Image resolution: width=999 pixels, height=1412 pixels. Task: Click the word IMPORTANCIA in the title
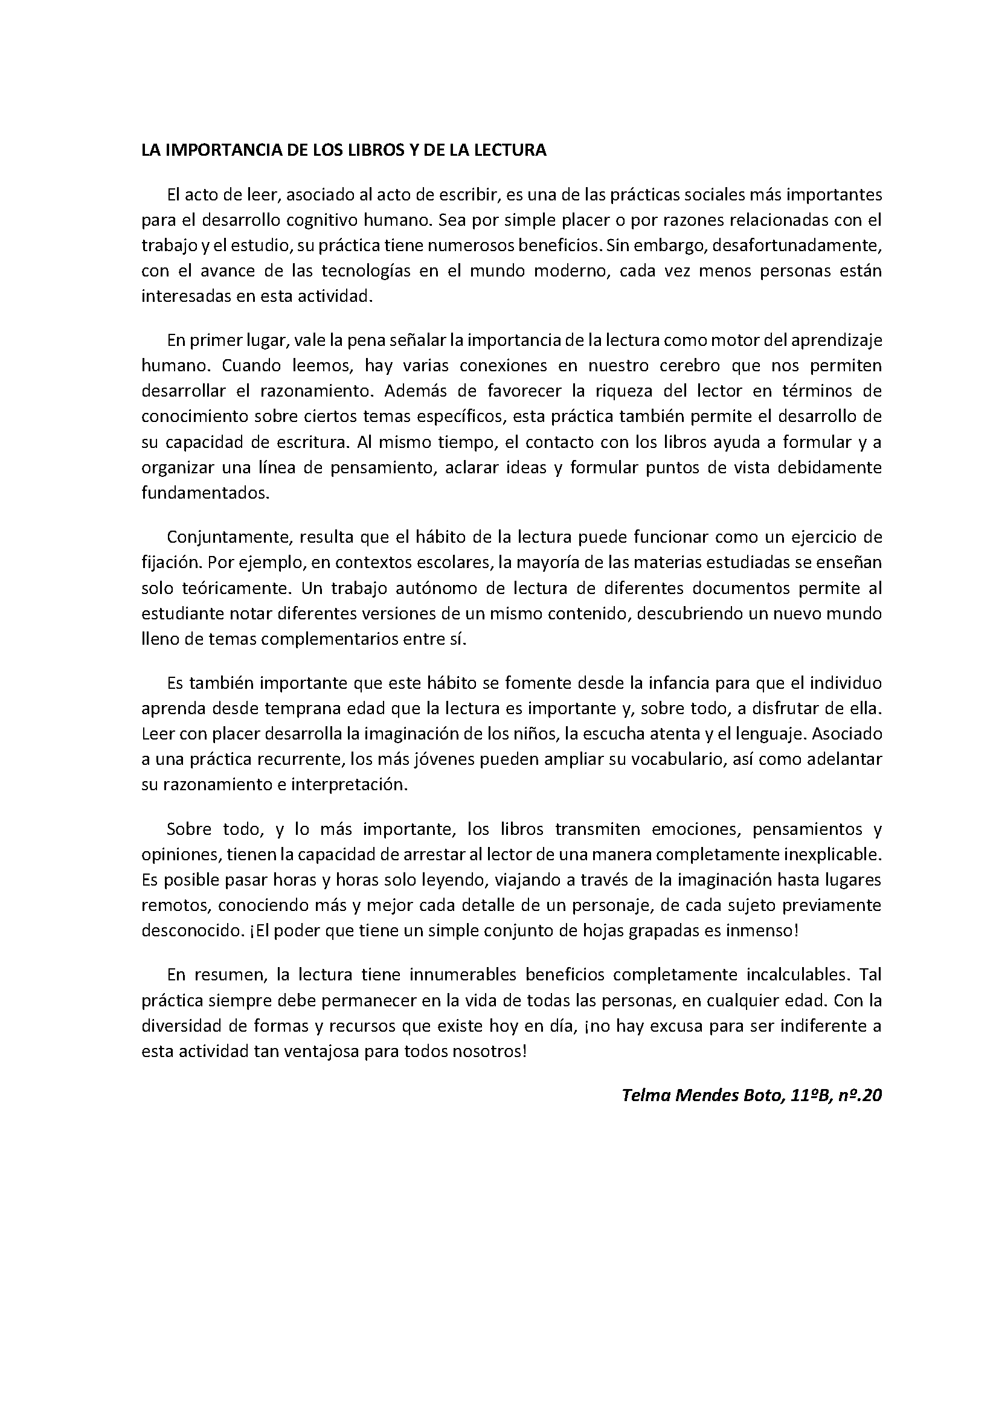coord(215,151)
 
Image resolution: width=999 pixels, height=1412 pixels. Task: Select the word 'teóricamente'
coord(235,588)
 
